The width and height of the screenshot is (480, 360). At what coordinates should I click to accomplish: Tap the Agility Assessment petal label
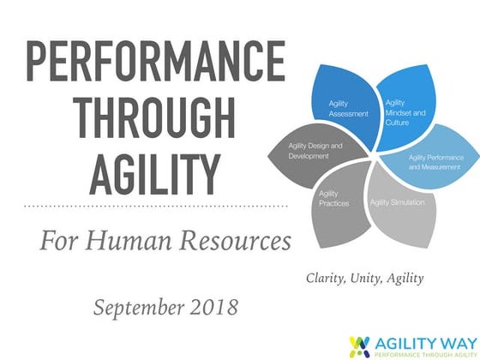[x=348, y=109]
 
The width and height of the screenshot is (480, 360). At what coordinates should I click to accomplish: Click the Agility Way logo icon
[x=361, y=343]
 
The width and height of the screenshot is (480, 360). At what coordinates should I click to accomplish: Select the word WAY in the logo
[x=448, y=339]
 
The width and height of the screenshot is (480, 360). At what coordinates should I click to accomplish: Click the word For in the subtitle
[x=57, y=243]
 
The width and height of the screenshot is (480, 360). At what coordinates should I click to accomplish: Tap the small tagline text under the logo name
[x=421, y=351]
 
